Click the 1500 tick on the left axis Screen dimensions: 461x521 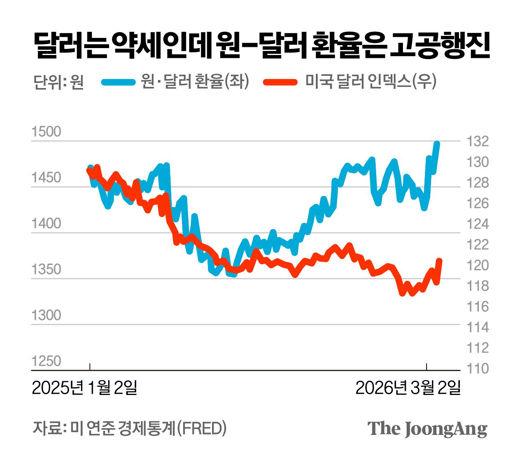point(46,132)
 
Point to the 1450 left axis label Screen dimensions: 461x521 point(46,178)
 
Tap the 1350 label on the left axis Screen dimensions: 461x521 point(46,269)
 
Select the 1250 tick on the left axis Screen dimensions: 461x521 point(46,361)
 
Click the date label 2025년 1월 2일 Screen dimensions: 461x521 point(85,388)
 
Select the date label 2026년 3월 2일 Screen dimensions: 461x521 point(408,388)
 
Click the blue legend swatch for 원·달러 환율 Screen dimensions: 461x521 point(118,82)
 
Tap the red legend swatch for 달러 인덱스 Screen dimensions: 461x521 point(280,82)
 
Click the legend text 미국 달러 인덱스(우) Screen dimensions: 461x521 point(370,82)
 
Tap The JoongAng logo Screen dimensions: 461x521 point(427,428)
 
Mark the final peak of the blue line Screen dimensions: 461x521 point(437,143)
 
